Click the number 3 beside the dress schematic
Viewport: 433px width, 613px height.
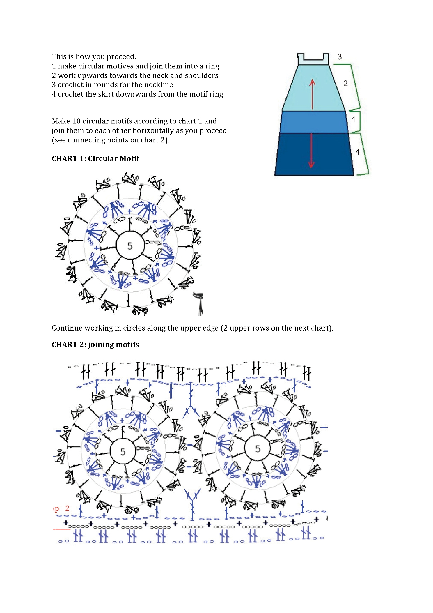tap(339, 57)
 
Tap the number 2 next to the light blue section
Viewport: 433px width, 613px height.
tap(345, 84)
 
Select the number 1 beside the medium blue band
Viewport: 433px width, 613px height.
tap(353, 119)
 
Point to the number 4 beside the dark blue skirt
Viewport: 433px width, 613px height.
tap(357, 152)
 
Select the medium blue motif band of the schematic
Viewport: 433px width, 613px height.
tap(314, 122)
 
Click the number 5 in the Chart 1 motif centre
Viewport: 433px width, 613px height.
tap(130, 246)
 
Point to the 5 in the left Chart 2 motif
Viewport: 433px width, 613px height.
tap(123, 452)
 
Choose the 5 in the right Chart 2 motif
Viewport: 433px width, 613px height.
tap(258, 449)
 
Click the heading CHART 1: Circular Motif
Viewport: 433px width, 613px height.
tap(95, 159)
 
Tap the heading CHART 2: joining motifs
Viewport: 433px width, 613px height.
tap(95, 345)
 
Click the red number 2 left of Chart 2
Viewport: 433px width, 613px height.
tap(67, 508)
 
